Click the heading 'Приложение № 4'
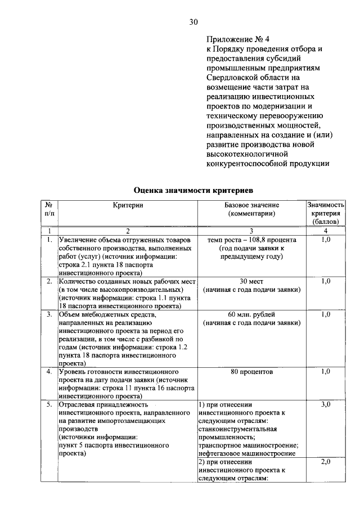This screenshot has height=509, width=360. tap(238, 39)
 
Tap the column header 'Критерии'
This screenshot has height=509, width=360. tap(128, 205)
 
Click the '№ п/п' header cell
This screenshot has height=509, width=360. tap(49, 209)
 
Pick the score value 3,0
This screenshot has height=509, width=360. tap(325, 404)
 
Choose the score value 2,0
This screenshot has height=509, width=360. tap(325, 462)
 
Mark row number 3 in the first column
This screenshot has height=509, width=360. tap(49, 314)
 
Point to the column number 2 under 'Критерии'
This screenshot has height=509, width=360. tap(128, 231)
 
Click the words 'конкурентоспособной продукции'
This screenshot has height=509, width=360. tap(267, 164)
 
